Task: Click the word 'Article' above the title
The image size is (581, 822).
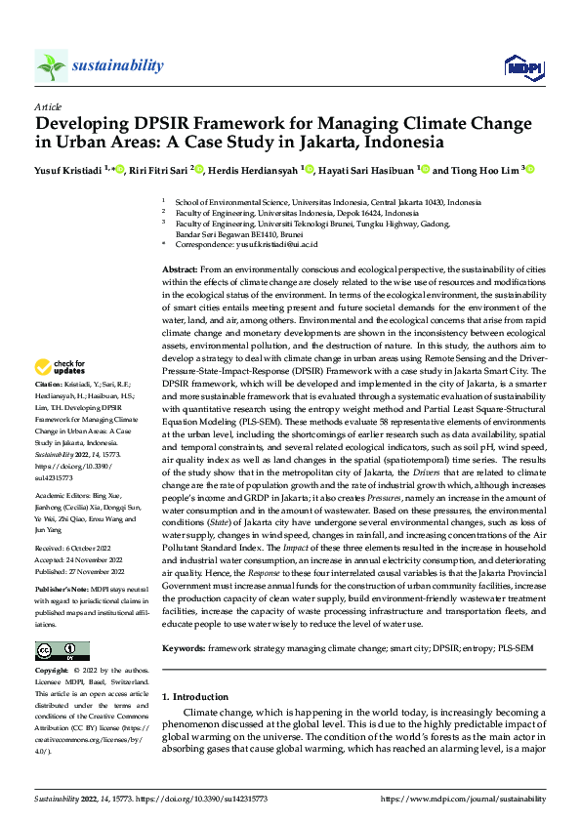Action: pyautogui.click(x=48, y=105)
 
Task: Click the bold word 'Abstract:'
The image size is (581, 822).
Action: pyautogui.click(x=181, y=268)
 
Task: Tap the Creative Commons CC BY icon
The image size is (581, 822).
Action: pyautogui.click(x=62, y=650)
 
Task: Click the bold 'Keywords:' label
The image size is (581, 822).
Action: pyautogui.click(x=182, y=646)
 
